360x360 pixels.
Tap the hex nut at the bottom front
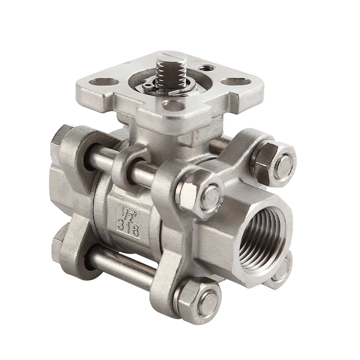click(x=198, y=297)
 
